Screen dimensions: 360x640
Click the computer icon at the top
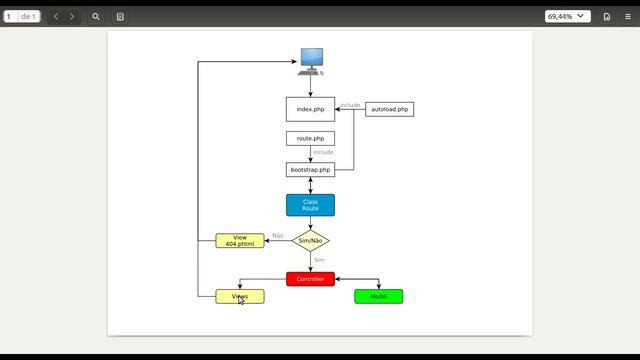tap(311, 59)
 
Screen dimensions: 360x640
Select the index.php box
tap(310, 109)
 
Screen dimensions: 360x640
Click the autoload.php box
tap(389, 109)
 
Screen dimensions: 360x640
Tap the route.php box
tap(310, 138)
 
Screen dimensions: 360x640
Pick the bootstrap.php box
tap(310, 170)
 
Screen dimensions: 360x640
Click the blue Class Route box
tap(310, 205)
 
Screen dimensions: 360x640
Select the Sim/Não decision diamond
tap(310, 241)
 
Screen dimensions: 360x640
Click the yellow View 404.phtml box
tap(240, 241)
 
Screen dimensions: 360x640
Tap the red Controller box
tap(310, 279)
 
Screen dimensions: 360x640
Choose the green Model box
tap(378, 297)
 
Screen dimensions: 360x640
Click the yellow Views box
tap(240, 297)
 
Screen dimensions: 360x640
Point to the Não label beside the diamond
tap(277, 236)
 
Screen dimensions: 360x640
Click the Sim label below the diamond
tap(319, 260)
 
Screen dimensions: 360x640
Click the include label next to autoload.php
tap(350, 105)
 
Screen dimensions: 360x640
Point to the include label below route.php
tap(323, 152)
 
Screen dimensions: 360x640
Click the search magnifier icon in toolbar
tap(96, 17)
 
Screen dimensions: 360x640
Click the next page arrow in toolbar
tap(72, 17)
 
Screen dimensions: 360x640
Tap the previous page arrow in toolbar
tap(56, 17)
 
